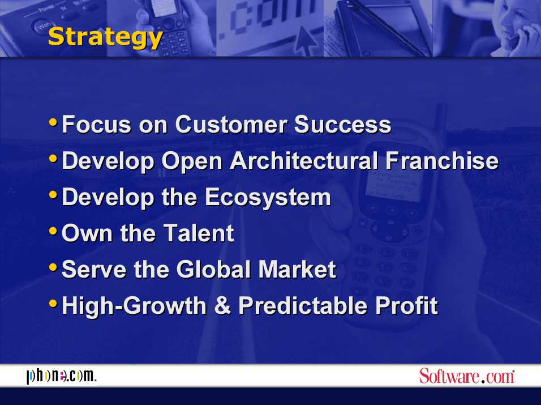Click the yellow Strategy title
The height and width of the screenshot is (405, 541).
(x=105, y=37)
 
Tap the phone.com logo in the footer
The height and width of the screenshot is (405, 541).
(x=62, y=376)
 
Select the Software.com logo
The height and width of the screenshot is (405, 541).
(x=467, y=376)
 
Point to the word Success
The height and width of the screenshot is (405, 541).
(x=342, y=124)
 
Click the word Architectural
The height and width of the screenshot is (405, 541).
(x=304, y=161)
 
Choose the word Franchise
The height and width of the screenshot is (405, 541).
(x=442, y=161)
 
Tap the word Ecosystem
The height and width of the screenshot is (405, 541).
(x=268, y=198)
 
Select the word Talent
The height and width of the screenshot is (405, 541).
(x=199, y=233)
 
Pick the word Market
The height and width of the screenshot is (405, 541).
(x=297, y=270)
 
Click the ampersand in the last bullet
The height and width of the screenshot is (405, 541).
(x=222, y=306)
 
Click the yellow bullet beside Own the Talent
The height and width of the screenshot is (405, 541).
(x=53, y=231)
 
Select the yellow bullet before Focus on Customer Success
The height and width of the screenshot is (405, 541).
(x=53, y=122)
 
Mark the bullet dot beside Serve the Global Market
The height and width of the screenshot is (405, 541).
(x=53, y=267)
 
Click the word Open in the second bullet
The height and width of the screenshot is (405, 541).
(x=192, y=162)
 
